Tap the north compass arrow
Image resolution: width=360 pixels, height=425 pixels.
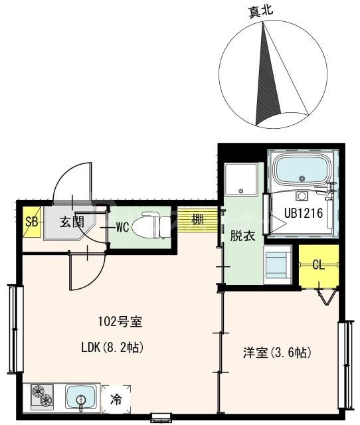[x=268, y=73]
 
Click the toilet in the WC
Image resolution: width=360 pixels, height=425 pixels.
[x=150, y=226]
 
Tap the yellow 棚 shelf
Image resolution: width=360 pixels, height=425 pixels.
[x=197, y=220]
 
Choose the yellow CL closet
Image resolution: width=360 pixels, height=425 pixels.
[x=318, y=265]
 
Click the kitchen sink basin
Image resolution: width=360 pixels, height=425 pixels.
[x=82, y=398]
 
